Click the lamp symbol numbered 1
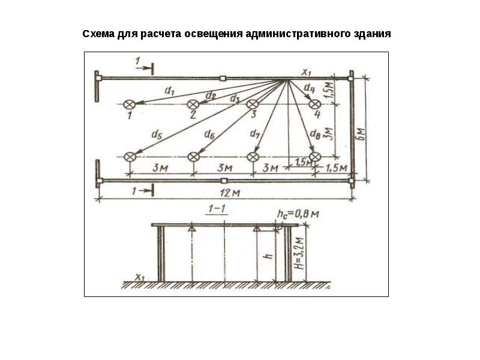pos(129,104)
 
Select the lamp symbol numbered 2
pos(193,104)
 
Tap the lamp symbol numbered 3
pos(253,104)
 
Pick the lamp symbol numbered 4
pos(315,104)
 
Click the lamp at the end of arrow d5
pos(130,157)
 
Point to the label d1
pos(169,91)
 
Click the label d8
pos(315,134)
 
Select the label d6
pos(209,134)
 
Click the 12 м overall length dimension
pos(230,193)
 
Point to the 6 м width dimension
pos(362,134)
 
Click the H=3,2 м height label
pos(300,253)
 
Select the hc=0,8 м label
pos(298,214)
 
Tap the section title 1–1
pos(217,209)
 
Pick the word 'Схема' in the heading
pos(98,34)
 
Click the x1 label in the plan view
pos(307,73)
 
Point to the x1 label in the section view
pos(140,278)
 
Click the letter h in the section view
pos(269,256)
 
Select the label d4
pos(309,88)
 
